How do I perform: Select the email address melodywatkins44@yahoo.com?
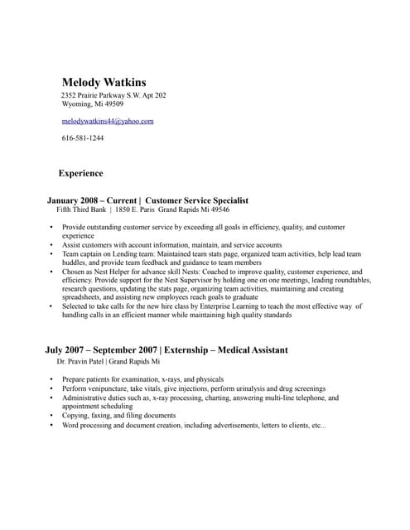108,121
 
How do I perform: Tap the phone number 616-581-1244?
83,137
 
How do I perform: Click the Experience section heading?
80,174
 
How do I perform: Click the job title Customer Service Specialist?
196,200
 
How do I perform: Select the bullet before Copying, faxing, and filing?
51,416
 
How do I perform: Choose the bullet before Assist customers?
51,245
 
